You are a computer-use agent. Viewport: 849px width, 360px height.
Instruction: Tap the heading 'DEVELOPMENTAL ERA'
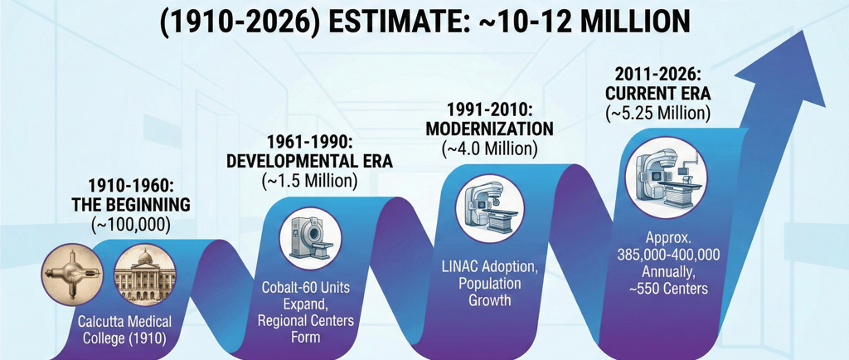tap(309, 161)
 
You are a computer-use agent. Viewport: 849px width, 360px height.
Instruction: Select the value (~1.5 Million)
tap(309, 180)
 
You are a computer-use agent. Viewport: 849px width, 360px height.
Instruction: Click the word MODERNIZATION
tap(488, 129)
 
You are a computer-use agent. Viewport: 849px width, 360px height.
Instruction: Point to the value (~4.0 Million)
tap(488, 149)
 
